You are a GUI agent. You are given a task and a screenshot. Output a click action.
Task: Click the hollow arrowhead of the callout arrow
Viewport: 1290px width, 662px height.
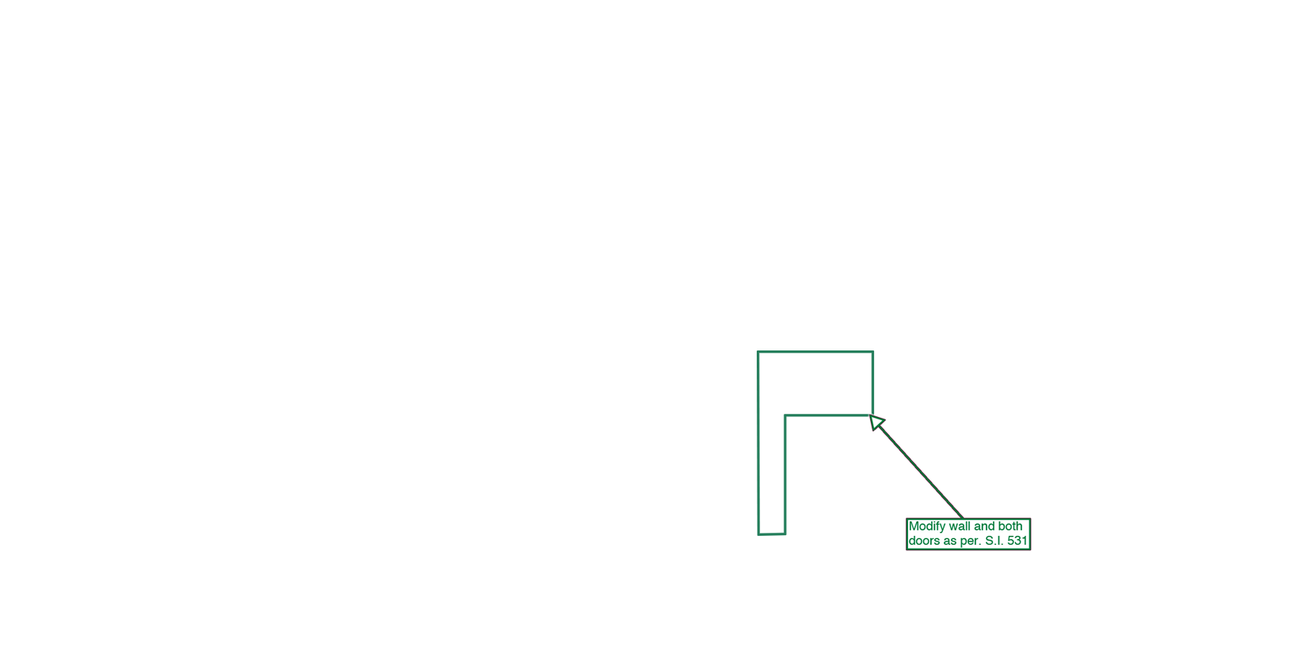coord(876,422)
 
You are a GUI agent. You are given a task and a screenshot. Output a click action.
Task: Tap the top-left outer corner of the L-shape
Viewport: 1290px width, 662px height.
coord(758,351)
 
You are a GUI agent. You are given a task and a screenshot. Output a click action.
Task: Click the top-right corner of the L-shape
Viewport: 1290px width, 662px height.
coord(873,351)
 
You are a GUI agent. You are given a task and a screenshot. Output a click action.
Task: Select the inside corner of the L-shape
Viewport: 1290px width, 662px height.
coord(785,415)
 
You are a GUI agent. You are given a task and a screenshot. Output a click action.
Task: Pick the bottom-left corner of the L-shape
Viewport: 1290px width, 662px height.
coord(758,534)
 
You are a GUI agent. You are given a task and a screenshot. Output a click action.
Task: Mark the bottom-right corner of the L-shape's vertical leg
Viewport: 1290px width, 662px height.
coord(785,534)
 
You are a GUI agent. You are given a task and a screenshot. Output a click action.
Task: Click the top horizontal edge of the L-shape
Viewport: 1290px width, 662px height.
coord(815,351)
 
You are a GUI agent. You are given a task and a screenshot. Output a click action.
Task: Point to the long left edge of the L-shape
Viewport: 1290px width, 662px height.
coord(758,443)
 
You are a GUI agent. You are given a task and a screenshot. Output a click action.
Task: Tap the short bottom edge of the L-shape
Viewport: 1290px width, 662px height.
coord(772,534)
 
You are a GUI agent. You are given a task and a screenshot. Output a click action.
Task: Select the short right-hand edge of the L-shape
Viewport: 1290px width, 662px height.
coord(873,383)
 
